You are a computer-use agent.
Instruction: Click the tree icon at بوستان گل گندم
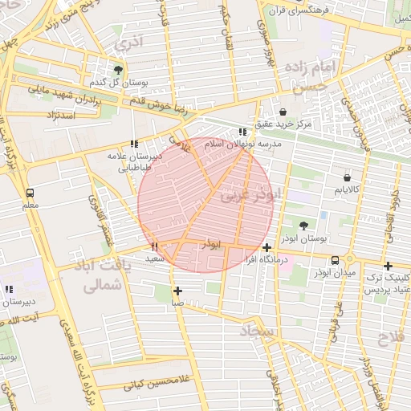119,71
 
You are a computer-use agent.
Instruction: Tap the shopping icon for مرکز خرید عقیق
283,112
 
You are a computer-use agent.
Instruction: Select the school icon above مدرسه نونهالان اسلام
242,132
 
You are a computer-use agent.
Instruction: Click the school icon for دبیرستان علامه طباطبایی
134,144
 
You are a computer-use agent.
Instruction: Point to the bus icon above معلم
31,193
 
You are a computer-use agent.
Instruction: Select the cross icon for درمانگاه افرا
267,248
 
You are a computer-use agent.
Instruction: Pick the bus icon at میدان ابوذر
335,260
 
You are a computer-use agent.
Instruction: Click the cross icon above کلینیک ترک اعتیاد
388,266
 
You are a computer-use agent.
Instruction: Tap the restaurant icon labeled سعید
155,246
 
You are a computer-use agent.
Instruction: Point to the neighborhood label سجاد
256,331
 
